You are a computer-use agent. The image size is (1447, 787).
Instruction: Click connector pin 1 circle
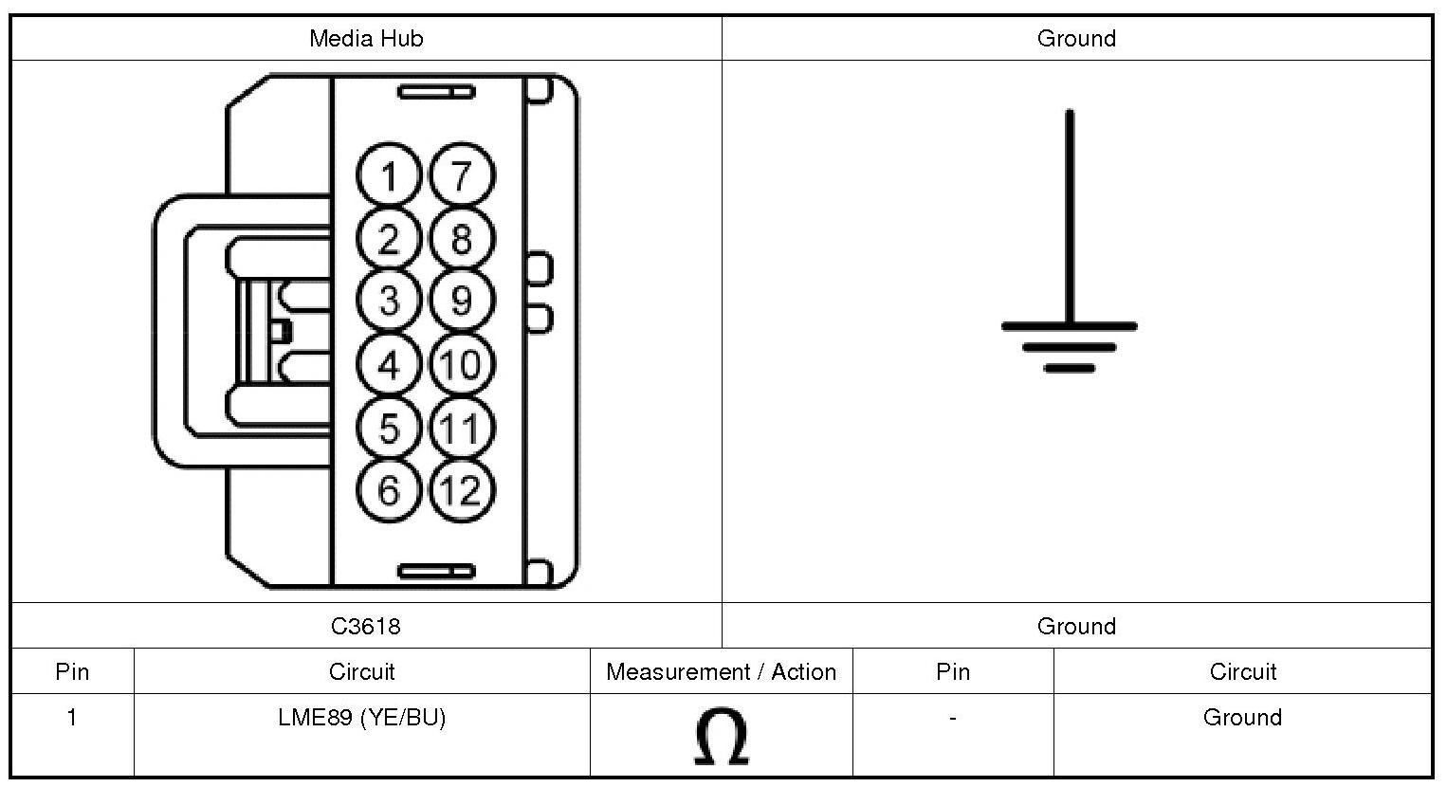click(389, 175)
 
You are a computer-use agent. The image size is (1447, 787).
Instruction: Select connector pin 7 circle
click(462, 175)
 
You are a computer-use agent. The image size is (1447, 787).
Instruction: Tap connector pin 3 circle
click(389, 301)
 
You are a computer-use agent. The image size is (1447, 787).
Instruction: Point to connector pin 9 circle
click(462, 301)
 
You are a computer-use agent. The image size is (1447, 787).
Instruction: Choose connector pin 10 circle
click(462, 364)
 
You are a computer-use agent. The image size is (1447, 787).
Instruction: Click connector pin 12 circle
click(462, 490)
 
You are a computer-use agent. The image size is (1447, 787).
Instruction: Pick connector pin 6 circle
click(389, 490)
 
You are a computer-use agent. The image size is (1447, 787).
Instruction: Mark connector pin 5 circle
click(389, 428)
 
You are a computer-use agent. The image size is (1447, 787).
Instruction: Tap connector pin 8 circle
click(462, 238)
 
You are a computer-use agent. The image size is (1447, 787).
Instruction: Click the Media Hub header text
click(366, 39)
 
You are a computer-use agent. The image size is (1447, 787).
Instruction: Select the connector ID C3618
click(366, 626)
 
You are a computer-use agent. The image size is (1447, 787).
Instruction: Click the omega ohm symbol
click(721, 738)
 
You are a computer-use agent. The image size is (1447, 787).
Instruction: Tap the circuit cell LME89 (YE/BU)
click(361, 718)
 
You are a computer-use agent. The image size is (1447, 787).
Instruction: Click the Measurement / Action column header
click(721, 672)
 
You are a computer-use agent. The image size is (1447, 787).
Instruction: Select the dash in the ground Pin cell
click(952, 718)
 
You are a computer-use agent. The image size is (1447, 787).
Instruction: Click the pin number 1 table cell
click(72, 718)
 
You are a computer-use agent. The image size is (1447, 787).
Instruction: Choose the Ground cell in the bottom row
click(1242, 718)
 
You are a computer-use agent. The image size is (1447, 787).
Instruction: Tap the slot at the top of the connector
click(436, 92)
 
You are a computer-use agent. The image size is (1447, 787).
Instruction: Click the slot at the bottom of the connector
click(436, 571)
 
